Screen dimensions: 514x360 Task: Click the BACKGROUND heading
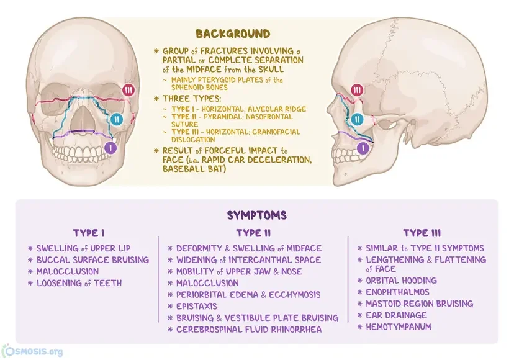(x=233, y=34)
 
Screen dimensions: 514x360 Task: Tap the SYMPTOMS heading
(x=256, y=215)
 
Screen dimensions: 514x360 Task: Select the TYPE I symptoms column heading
(x=89, y=233)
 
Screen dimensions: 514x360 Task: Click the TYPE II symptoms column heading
(x=253, y=233)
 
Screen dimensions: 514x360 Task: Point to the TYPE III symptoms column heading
(x=422, y=233)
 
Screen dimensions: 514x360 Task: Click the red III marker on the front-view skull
(x=128, y=91)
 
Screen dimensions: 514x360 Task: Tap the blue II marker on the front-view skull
(x=118, y=119)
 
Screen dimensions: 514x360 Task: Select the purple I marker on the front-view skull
(x=110, y=148)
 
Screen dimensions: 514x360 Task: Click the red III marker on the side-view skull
(x=356, y=91)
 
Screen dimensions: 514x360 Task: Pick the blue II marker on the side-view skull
(x=356, y=119)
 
